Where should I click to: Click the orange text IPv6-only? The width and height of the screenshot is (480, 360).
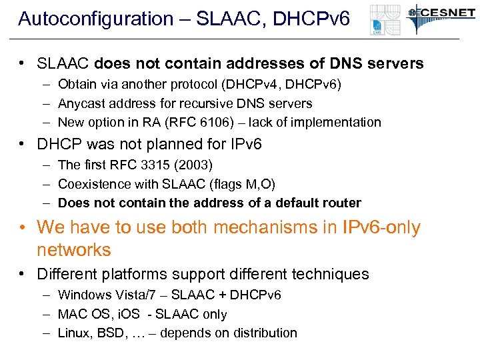point(381,227)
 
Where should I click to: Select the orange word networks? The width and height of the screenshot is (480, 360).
point(73,250)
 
